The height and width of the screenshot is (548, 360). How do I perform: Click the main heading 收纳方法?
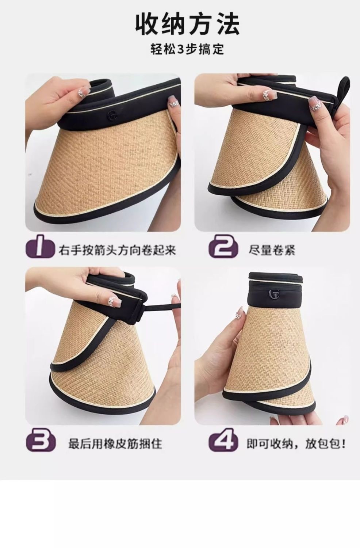pos(187,25)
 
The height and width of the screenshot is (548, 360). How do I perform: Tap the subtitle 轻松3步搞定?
pos(187,49)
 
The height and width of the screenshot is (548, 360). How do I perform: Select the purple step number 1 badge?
pos(40,246)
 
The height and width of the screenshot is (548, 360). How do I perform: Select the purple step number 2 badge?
pos(223,246)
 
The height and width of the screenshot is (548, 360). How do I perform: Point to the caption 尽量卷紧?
pos(272,250)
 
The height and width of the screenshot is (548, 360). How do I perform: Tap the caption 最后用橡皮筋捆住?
pos(115,443)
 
